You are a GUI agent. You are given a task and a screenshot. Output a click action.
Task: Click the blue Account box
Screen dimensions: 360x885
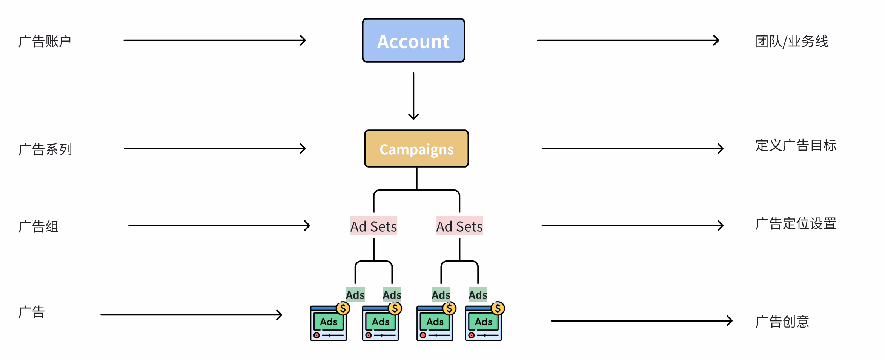pos(413,40)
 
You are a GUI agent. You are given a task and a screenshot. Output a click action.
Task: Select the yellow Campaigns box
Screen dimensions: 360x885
pos(416,149)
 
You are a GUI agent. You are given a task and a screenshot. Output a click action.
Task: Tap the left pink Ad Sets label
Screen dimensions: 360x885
pos(373,226)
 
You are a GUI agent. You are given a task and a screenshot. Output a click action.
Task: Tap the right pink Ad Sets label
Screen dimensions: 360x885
pos(459,226)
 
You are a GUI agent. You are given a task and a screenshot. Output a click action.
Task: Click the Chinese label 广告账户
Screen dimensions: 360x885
pos(45,41)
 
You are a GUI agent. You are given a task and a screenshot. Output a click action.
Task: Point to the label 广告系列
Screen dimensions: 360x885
pos(45,149)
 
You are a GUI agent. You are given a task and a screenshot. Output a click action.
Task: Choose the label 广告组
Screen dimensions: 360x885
pos(38,226)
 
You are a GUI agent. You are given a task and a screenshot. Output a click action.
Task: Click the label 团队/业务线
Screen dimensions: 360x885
pos(791,41)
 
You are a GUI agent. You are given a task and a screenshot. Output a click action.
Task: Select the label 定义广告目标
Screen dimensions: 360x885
pos(796,145)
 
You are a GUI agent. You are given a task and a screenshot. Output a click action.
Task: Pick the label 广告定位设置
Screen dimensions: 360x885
pos(796,224)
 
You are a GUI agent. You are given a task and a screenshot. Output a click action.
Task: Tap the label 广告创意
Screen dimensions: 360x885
pos(782,322)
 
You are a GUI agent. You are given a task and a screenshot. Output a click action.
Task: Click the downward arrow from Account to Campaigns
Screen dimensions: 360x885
pos(413,96)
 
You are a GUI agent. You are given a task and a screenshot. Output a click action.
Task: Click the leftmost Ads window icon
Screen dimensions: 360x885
pos(329,323)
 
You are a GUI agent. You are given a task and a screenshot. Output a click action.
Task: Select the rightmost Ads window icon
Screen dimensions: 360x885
pos(484,323)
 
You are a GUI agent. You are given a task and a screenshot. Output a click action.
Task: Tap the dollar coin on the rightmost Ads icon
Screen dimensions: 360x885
pos(498,308)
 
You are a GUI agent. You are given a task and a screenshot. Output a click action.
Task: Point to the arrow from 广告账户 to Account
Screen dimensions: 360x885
pos(214,40)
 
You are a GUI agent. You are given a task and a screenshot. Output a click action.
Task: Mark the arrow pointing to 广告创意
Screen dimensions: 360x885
pos(641,321)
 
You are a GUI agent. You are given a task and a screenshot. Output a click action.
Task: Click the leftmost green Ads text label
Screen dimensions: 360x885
pos(355,295)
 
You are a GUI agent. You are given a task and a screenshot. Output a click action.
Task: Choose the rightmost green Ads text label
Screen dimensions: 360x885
pos(478,295)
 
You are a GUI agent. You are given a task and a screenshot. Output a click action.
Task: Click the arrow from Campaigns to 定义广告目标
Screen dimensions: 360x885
pos(632,148)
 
